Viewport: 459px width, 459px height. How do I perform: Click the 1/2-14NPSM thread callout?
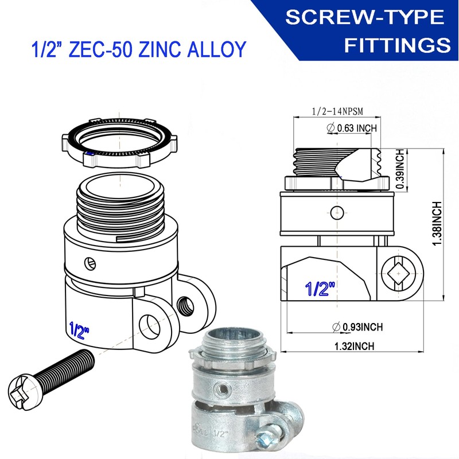337,111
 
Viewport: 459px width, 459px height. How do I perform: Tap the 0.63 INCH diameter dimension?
352,128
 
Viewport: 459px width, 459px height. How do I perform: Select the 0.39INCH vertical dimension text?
400,169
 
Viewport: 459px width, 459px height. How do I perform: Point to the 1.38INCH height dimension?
437,224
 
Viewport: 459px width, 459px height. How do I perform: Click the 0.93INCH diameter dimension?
357,327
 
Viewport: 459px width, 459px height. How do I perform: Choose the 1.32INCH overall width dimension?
354,347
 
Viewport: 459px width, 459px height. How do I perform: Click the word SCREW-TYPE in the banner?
365,17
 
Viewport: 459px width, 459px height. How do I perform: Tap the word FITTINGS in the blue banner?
397,45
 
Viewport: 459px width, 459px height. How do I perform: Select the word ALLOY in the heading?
217,49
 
